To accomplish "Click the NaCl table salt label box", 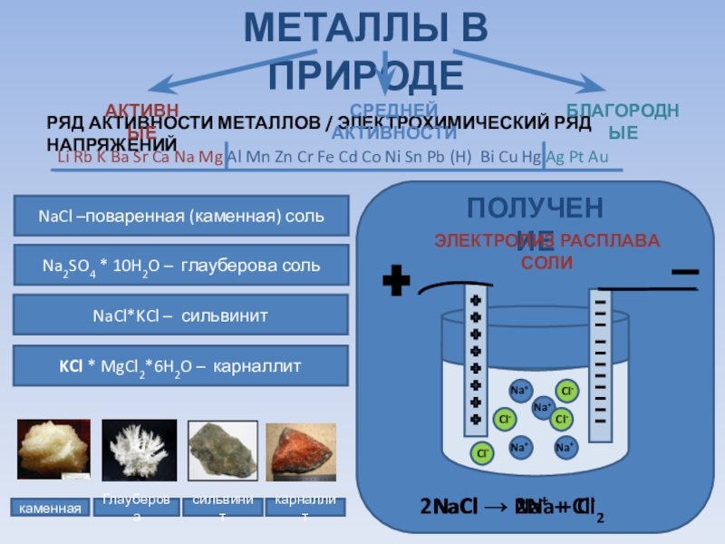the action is pyautogui.click(x=181, y=217).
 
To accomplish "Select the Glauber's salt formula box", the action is pyautogui.click(x=181, y=266).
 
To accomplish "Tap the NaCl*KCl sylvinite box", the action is pyautogui.click(x=181, y=316).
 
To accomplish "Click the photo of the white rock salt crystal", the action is pyautogui.click(x=53, y=449).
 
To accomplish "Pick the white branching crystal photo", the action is pyautogui.click(x=139, y=449).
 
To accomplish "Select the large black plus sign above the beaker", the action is pyautogui.click(x=395, y=282).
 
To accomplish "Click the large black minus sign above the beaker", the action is pyautogui.click(x=684, y=272).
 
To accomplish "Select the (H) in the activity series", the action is pyautogui.click(x=461, y=157).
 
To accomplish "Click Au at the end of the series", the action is pyautogui.click(x=598, y=157).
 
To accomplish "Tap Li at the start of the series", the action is pyautogui.click(x=63, y=157).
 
